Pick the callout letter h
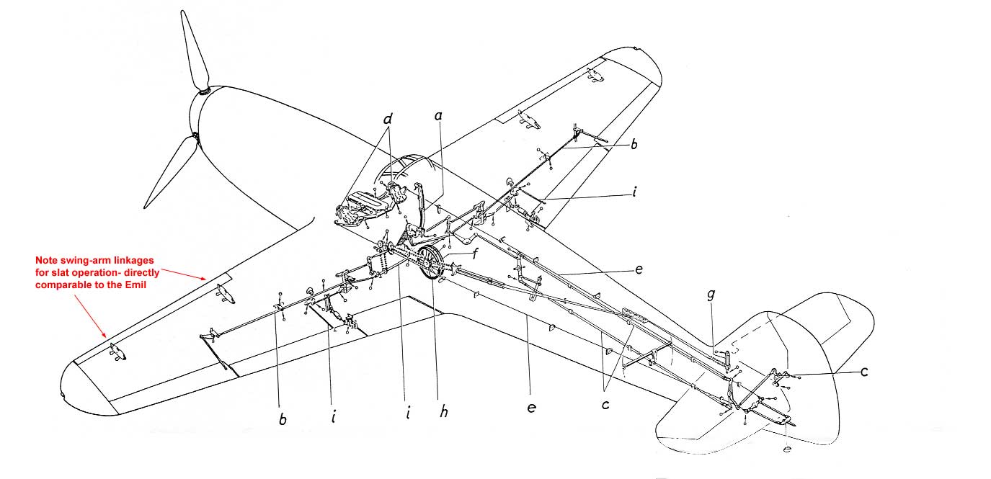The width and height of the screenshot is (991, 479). coord(444,411)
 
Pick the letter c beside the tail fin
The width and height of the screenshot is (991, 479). coord(863,372)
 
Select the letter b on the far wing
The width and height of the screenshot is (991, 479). coord(634,145)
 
